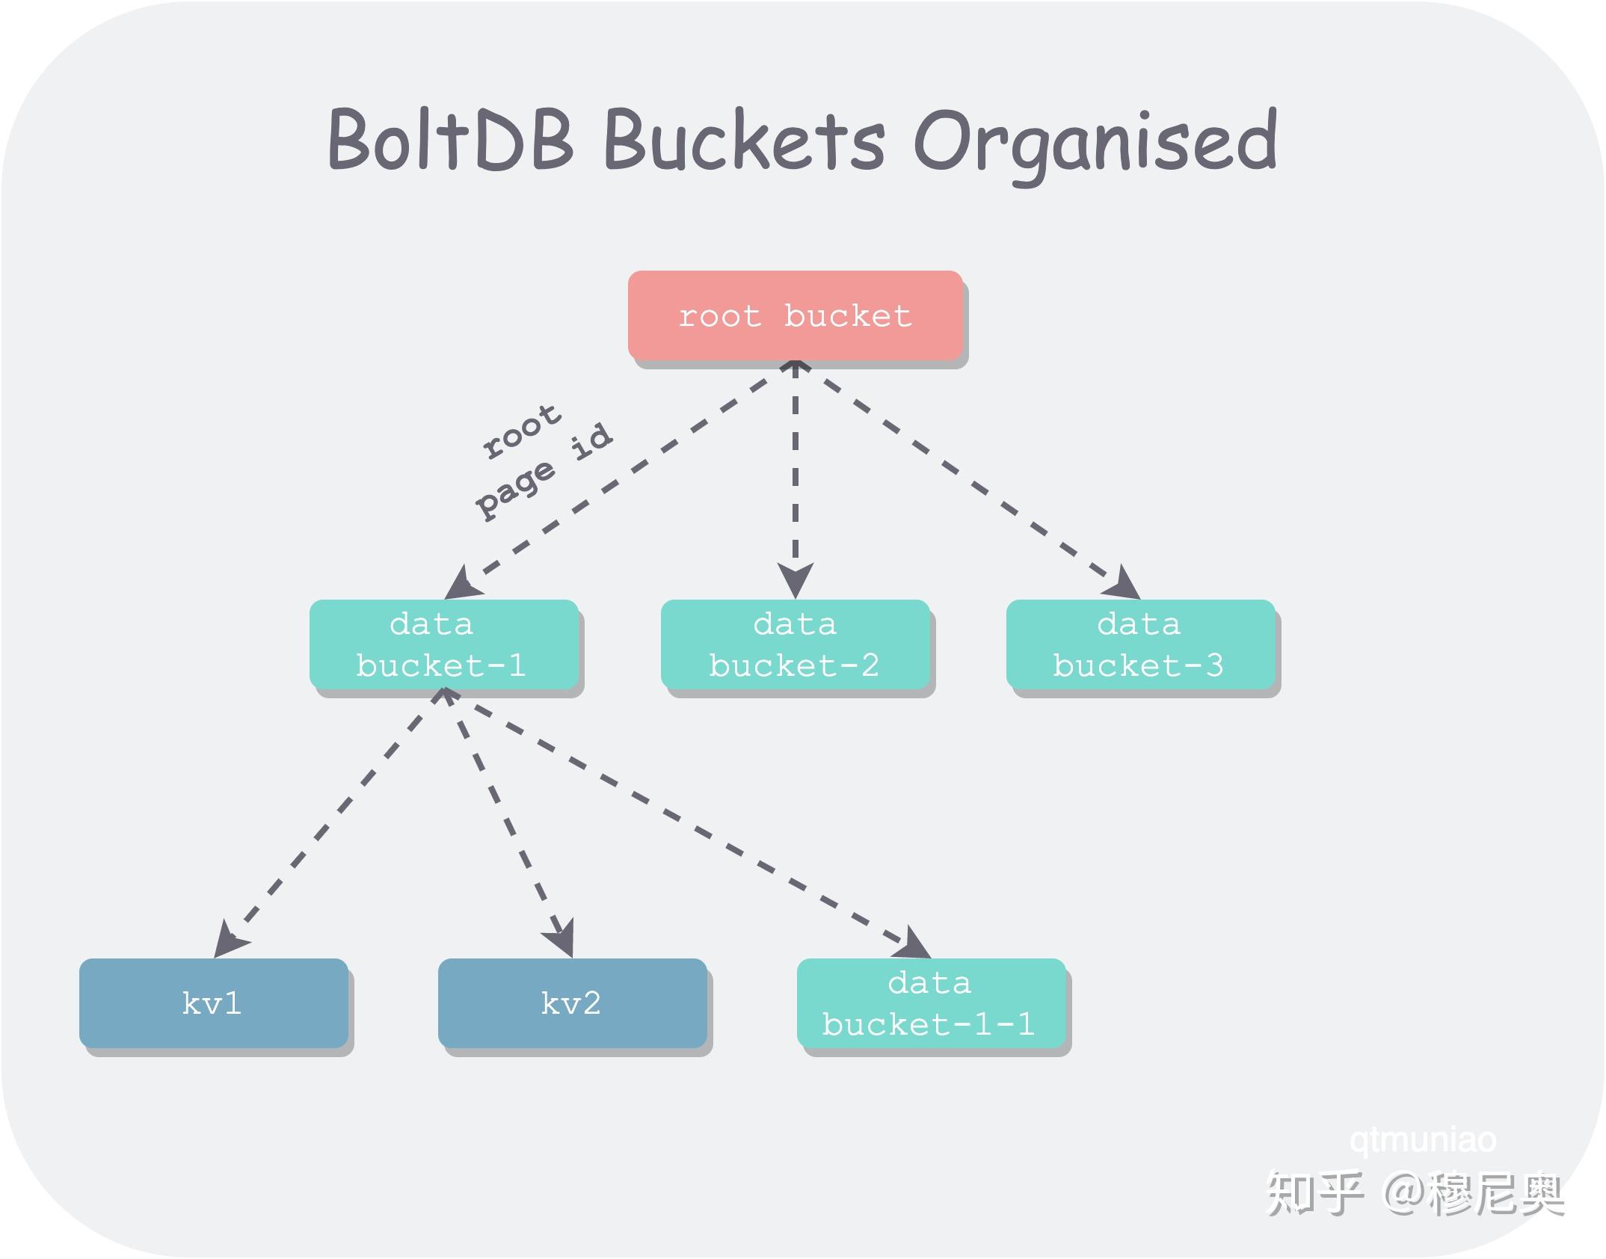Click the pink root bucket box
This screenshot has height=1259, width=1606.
click(x=795, y=315)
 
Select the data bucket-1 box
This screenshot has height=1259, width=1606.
click(x=443, y=644)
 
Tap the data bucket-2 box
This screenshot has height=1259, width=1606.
click(x=795, y=644)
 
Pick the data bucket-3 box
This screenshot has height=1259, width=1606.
click(x=1139, y=644)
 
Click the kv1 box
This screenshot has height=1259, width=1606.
click(x=213, y=1003)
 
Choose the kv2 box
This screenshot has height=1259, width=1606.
click(x=572, y=1003)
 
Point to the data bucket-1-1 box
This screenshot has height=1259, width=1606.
click(x=931, y=1003)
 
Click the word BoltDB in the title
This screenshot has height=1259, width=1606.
click(x=451, y=141)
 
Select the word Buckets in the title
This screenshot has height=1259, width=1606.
click(x=744, y=141)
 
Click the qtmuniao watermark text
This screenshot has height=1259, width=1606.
click(x=1423, y=1140)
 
